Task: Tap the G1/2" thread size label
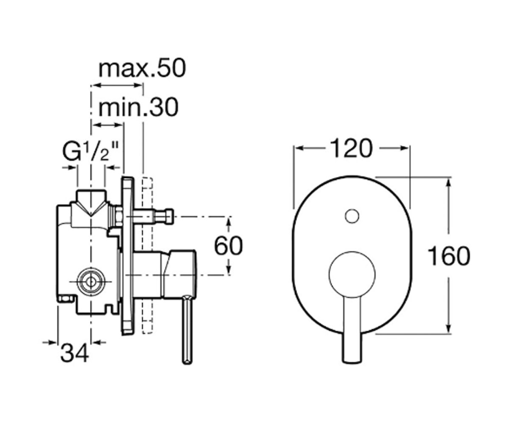[91, 151]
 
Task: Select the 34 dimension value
[75, 353]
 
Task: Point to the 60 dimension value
[229, 246]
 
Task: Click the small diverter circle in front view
[352, 216]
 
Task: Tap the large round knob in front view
[352, 274]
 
